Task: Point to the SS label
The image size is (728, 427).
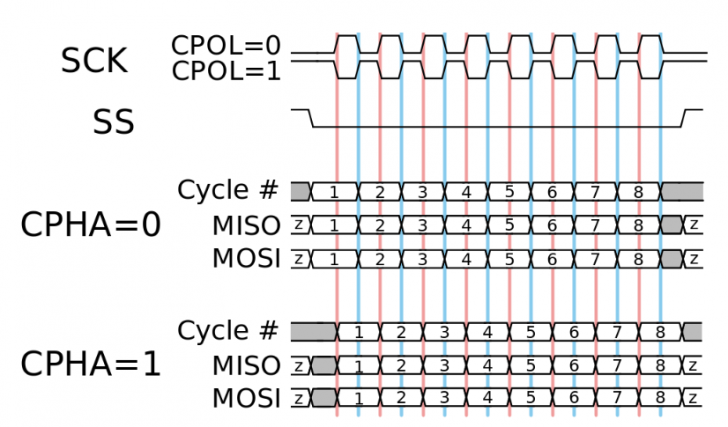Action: [113, 124]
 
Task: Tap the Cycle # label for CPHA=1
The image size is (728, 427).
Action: [228, 330]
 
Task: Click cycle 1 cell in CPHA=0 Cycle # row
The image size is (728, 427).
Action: [334, 191]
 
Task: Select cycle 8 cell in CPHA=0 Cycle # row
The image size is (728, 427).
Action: [638, 191]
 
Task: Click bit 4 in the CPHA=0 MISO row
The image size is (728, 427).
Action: [465, 225]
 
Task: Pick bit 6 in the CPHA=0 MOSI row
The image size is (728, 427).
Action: [551, 259]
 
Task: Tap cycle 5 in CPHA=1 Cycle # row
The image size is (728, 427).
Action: [530, 332]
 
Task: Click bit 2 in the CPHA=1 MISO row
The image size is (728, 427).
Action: [401, 366]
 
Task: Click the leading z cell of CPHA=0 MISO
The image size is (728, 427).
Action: [299, 225]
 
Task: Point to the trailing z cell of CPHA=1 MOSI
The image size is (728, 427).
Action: [691, 399]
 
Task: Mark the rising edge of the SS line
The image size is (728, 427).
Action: [685, 118]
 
